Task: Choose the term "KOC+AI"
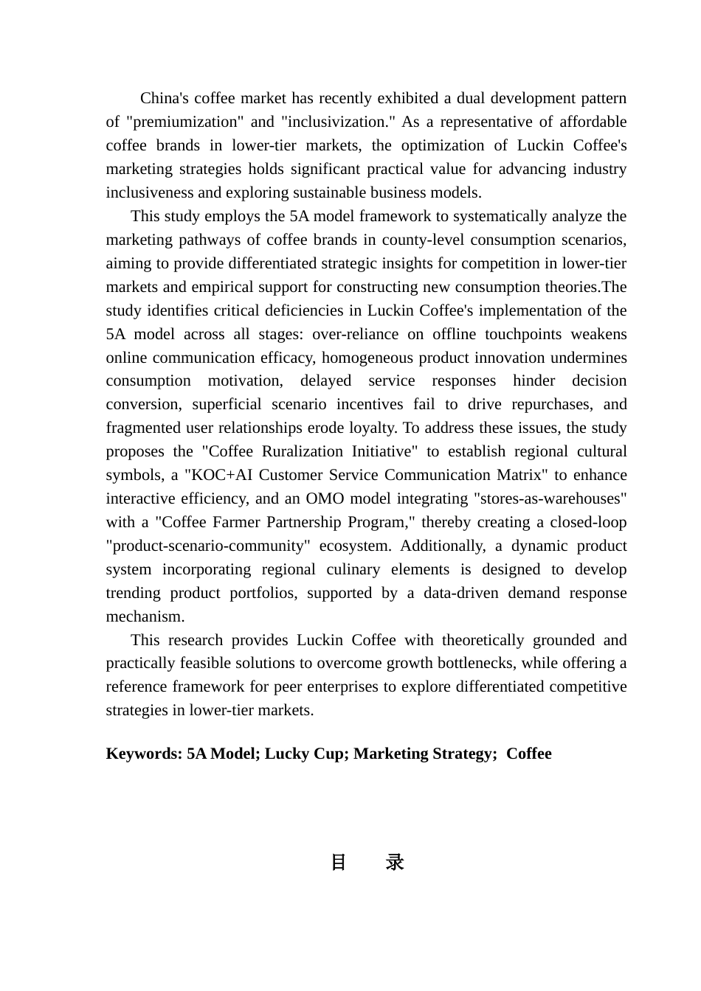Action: (221, 476)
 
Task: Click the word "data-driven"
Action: (460, 594)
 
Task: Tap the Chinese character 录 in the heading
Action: (395, 863)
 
